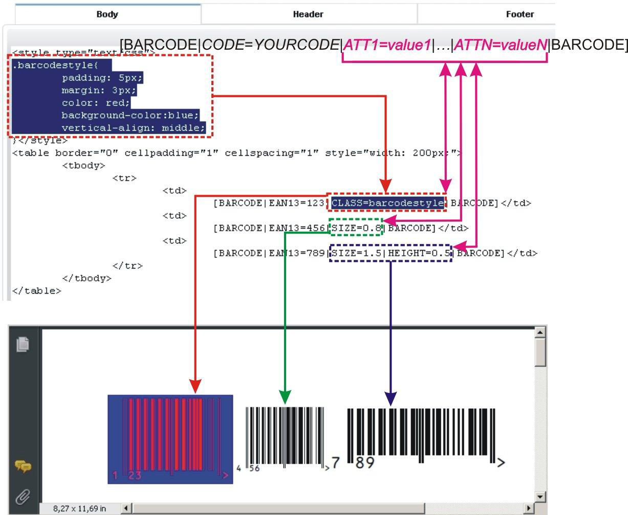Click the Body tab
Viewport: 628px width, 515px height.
pyautogui.click(x=107, y=14)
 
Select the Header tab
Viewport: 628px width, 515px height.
pyautogui.click(x=308, y=14)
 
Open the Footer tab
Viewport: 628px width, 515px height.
pyautogui.click(x=519, y=14)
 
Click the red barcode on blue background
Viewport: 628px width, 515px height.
pyautogui.click(x=170, y=439)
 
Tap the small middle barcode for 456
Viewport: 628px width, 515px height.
pyautogui.click(x=285, y=437)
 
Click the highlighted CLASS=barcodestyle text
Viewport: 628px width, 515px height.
pyautogui.click(x=387, y=203)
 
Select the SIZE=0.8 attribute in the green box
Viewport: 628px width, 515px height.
pyautogui.click(x=357, y=228)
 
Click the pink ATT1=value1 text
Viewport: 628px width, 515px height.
pyautogui.click(x=387, y=45)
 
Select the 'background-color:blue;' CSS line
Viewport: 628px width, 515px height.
pyautogui.click(x=130, y=115)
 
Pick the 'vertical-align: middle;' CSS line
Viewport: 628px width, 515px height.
pyautogui.click(x=133, y=128)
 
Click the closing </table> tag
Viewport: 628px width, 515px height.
pyautogui.click(x=36, y=291)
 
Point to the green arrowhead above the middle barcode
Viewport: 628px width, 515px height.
pyautogui.click(x=285, y=397)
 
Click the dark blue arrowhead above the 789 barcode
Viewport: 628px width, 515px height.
pyautogui.click(x=391, y=399)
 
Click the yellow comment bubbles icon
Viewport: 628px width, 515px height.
pyautogui.click(x=23, y=466)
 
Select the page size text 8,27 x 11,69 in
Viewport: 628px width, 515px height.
pyautogui.click(x=79, y=508)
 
